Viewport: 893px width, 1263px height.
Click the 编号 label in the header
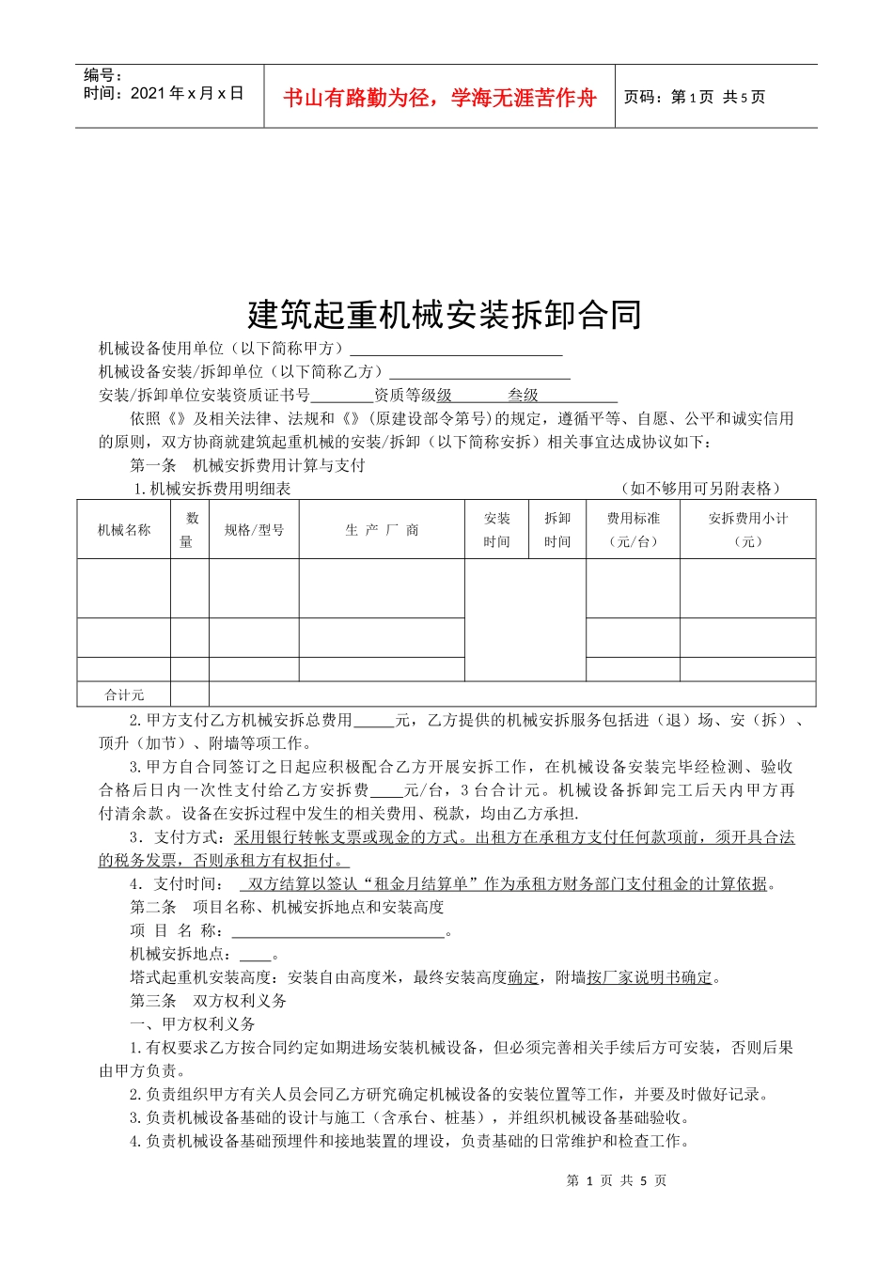coord(102,75)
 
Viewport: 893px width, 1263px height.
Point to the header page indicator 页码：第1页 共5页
coord(695,97)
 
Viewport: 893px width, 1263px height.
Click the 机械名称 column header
coord(124,530)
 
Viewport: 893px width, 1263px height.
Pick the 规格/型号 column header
coord(254,530)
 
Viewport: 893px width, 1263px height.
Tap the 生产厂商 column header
coord(382,530)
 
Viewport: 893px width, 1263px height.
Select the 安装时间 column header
coord(497,530)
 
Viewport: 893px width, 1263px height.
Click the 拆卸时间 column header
coord(557,530)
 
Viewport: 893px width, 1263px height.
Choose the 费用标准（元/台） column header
coord(634,530)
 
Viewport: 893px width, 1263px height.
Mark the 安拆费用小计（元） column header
coord(748,530)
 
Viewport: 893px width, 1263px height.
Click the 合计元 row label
coord(124,694)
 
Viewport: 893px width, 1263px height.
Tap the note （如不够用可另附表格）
coord(701,488)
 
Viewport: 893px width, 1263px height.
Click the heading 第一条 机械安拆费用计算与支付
coord(247,465)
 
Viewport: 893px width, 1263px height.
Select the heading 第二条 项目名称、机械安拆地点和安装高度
coord(287,907)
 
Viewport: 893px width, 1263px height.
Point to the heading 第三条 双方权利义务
coord(209,1001)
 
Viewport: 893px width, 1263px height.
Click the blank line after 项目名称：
coord(337,931)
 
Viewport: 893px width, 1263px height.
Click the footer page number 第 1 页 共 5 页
coord(617,1180)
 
